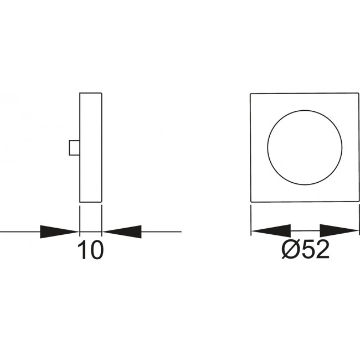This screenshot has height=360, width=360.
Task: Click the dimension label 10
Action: (x=91, y=250)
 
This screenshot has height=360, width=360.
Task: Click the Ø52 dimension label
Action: (x=305, y=249)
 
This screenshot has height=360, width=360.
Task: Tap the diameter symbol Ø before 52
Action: (x=290, y=249)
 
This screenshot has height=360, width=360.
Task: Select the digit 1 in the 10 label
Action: (x=82, y=250)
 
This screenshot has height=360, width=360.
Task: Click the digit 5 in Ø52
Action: (x=307, y=249)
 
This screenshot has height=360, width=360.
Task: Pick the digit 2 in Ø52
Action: (x=322, y=249)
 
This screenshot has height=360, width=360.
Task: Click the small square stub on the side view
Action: (x=74, y=148)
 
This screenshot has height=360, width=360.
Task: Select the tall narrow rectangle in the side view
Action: (x=91, y=147)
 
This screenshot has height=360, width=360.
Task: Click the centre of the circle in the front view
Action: (x=305, y=147)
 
